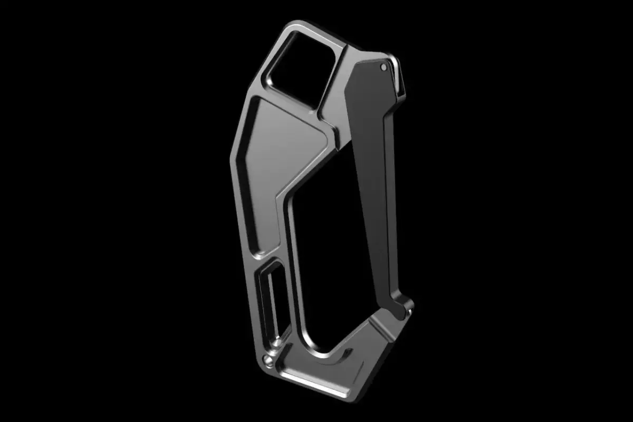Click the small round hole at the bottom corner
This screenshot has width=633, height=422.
point(267,361)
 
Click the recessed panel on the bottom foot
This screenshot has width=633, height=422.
point(338,364)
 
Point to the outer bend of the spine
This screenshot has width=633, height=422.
point(232,158)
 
